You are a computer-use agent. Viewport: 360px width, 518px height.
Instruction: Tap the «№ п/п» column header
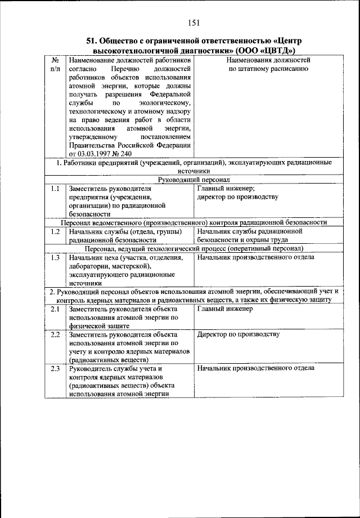point(56,64)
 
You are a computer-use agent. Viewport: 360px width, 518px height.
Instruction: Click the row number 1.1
point(55,189)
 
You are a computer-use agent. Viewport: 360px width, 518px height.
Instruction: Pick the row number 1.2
point(55,231)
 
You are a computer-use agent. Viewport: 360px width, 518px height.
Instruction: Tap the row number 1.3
point(55,257)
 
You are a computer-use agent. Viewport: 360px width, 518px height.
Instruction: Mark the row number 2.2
point(55,334)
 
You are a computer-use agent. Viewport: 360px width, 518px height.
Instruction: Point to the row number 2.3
point(55,368)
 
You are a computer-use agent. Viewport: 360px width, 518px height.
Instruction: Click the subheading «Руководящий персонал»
point(194,180)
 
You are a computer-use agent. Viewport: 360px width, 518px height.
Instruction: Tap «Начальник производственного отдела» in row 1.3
point(255,257)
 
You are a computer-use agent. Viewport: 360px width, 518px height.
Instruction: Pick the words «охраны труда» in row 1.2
point(269,240)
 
